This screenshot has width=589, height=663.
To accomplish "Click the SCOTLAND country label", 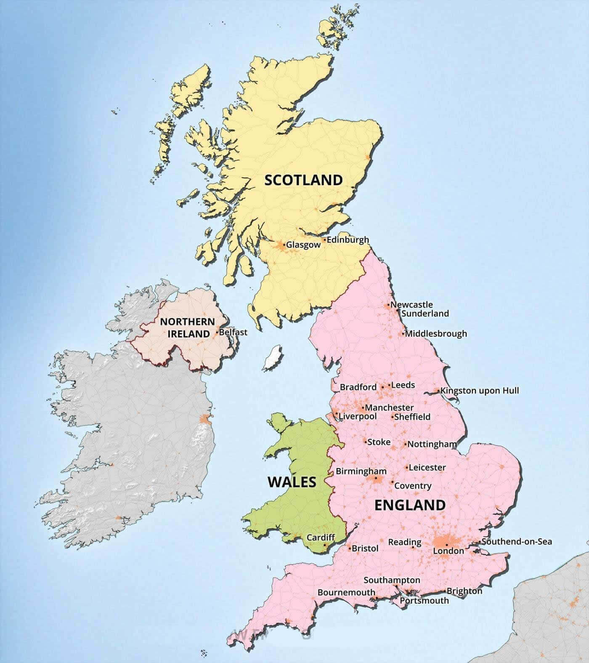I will [303, 180].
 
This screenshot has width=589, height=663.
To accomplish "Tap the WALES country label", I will [292, 482].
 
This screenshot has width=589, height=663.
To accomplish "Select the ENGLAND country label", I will [410, 505].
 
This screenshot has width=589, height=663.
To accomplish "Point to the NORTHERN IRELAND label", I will [188, 328].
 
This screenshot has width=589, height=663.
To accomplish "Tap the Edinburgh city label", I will [348, 240].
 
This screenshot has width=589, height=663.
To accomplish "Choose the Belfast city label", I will [233, 332].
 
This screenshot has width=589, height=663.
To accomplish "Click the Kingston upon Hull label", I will [480, 391].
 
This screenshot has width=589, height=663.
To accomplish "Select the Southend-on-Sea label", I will [517, 541].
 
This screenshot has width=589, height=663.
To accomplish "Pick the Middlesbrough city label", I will [436, 334].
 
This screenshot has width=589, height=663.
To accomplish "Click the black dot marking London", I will [446, 544].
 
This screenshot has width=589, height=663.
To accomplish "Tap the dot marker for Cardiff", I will [325, 545].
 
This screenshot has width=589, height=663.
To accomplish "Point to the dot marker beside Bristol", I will [350, 549].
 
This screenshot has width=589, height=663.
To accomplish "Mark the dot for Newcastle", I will [389, 304].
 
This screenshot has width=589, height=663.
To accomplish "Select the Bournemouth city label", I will [346, 592].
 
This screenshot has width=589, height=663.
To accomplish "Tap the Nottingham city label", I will [432, 444].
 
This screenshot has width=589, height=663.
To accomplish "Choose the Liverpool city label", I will [358, 416].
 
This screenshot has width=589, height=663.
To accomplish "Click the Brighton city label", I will [464, 591].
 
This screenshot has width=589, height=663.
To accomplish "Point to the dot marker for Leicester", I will [407, 467].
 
